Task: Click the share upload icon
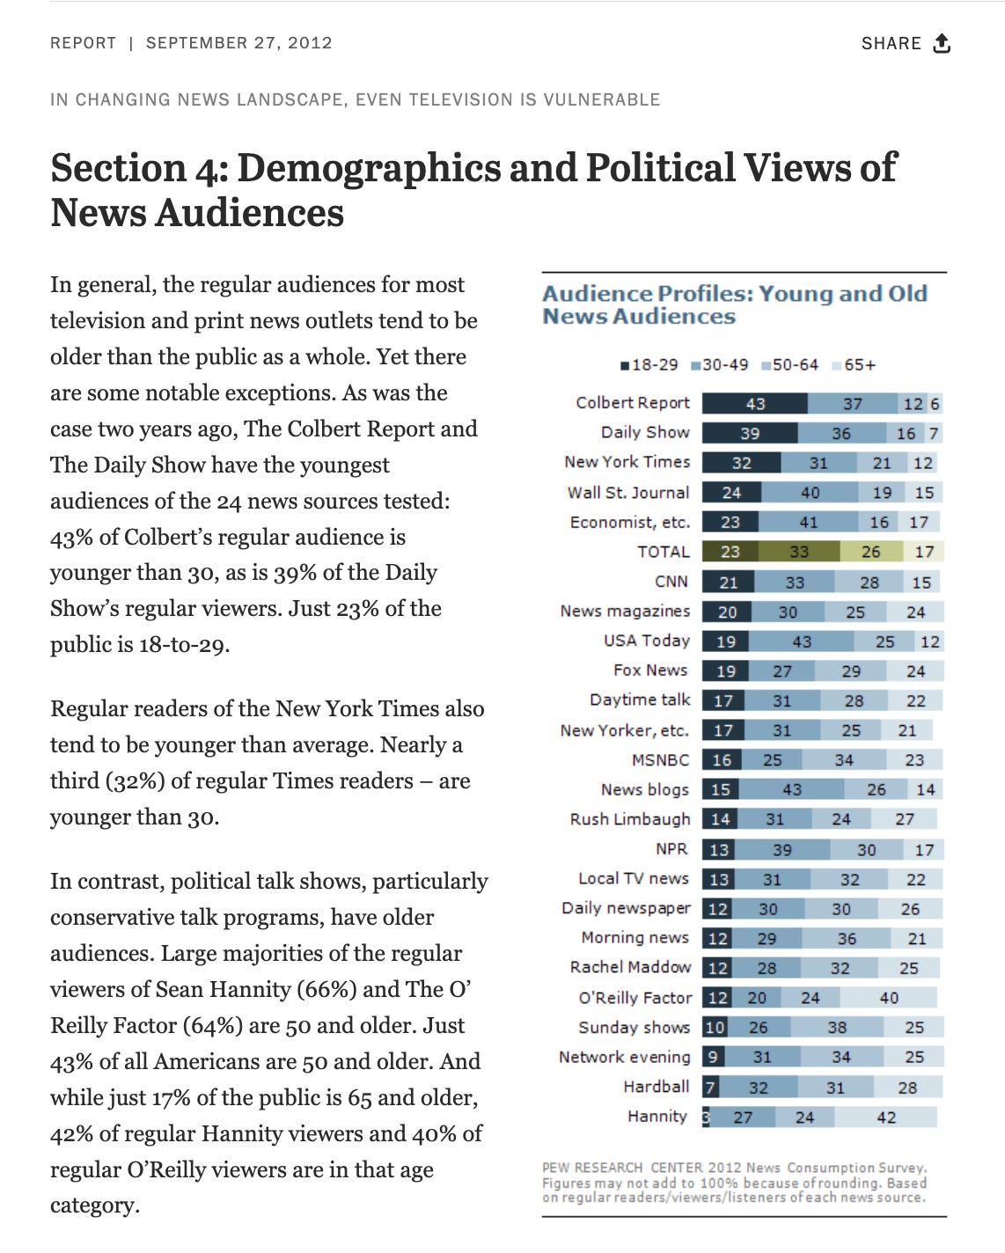click(x=942, y=43)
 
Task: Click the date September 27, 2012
click(x=238, y=43)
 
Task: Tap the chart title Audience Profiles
click(x=734, y=304)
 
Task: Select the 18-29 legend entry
click(x=649, y=365)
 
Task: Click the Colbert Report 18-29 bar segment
click(x=754, y=404)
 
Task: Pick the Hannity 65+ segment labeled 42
click(x=885, y=1117)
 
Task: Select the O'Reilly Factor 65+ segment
click(x=888, y=998)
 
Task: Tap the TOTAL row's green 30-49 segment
click(x=798, y=552)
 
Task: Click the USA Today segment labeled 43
click(x=801, y=641)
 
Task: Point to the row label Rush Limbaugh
click(x=630, y=819)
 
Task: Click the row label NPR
click(x=671, y=849)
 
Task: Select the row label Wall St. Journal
click(x=627, y=493)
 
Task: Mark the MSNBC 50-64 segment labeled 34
click(x=843, y=760)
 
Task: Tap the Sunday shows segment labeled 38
click(x=836, y=1028)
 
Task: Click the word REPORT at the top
click(x=83, y=43)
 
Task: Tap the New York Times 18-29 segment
click(x=741, y=463)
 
